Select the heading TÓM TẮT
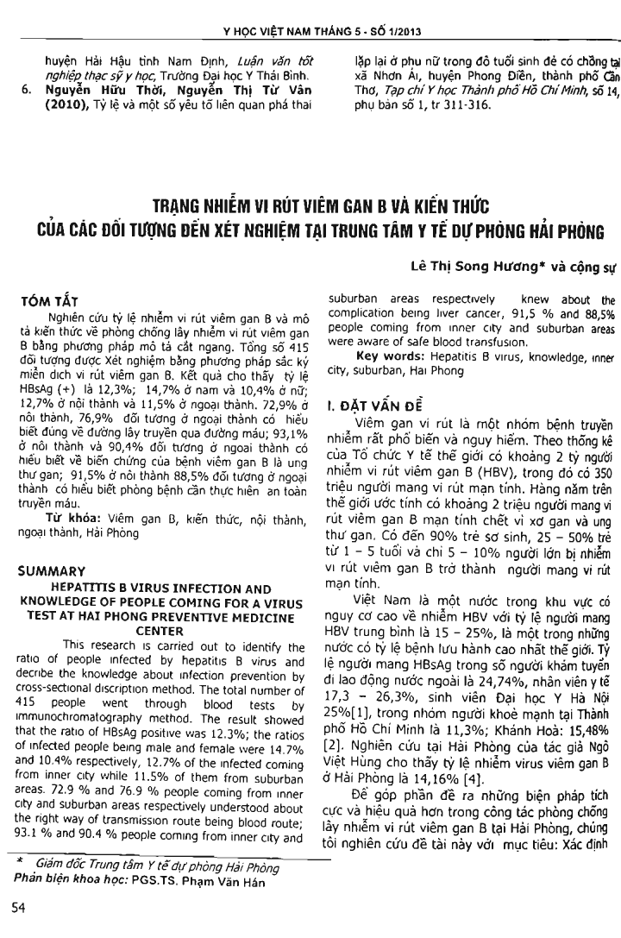63,304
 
